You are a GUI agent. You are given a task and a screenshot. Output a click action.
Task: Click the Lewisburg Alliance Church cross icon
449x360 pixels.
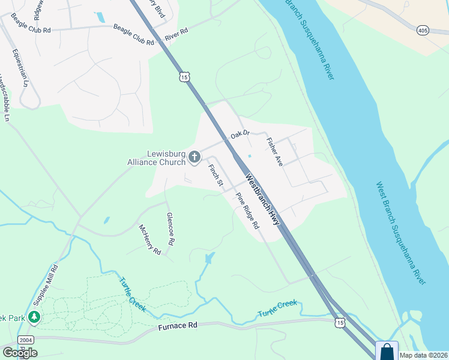(x=194, y=158)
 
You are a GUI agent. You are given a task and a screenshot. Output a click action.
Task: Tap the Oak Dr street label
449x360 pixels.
(x=240, y=137)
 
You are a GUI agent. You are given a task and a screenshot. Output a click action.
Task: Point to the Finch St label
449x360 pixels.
(x=215, y=174)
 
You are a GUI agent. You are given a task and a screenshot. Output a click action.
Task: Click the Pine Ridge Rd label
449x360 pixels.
(x=247, y=211)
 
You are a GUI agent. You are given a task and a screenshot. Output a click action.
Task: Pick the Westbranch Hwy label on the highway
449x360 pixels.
(x=262, y=200)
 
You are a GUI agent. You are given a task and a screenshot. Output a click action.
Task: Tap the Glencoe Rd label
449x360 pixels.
(x=170, y=229)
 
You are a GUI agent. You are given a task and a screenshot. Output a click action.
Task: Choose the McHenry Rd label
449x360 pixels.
(x=150, y=239)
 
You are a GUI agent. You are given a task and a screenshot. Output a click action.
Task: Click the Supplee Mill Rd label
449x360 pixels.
(x=50, y=283)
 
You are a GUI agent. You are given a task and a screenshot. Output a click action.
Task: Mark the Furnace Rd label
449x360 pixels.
(x=178, y=327)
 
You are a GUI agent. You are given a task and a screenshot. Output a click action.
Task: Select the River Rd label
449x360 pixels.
(x=176, y=35)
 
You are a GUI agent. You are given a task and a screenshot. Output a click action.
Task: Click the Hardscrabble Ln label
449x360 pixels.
(x=5, y=98)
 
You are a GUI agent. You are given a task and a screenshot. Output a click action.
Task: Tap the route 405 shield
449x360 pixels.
(x=424, y=29)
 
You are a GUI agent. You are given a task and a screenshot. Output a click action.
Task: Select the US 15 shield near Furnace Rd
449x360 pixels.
(x=340, y=323)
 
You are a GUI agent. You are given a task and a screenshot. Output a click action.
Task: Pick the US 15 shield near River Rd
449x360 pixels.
(x=184, y=76)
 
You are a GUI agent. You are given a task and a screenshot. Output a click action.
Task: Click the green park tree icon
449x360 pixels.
(x=34, y=316)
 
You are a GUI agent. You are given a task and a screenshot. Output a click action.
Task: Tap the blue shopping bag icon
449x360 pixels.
(x=387, y=352)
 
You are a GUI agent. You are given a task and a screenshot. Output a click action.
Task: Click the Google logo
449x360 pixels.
(x=20, y=352)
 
